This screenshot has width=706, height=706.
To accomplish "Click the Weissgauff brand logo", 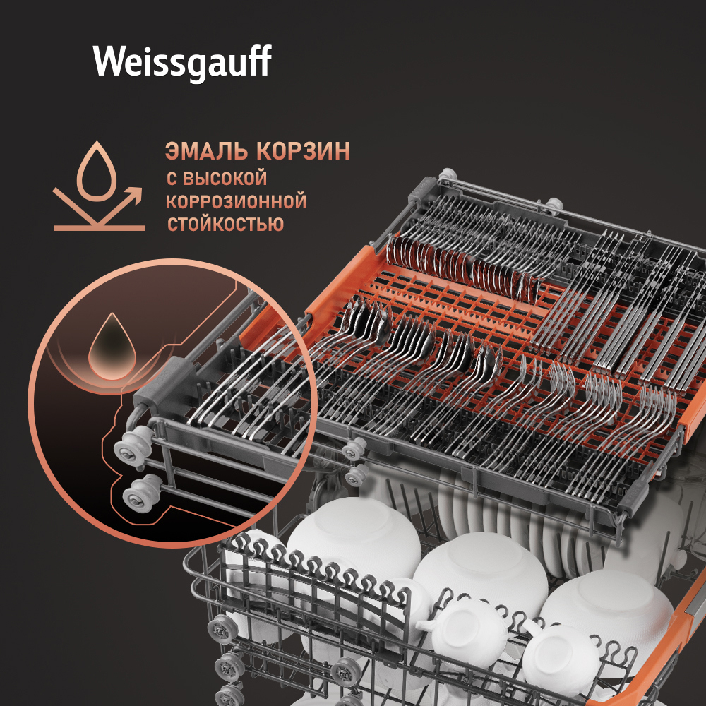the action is [x=182, y=63].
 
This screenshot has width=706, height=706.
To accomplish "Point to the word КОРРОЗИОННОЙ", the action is [x=237, y=201].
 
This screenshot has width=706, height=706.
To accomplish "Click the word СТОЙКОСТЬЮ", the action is [x=226, y=224].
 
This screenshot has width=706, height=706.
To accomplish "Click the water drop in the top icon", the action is [x=97, y=172].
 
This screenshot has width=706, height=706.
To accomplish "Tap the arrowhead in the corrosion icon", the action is [x=134, y=195].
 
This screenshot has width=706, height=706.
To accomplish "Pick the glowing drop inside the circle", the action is [x=112, y=347].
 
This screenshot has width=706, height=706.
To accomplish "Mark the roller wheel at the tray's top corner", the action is [x=448, y=174].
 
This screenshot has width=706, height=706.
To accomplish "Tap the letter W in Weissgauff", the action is [x=109, y=60].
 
